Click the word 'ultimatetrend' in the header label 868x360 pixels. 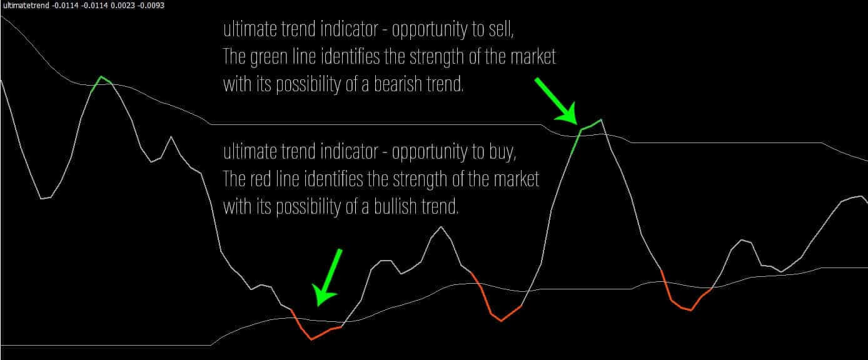[26, 6]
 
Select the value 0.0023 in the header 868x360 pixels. [123, 6]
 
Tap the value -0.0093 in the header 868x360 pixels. [151, 6]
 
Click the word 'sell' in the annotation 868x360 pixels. [501, 29]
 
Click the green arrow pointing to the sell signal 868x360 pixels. [556, 101]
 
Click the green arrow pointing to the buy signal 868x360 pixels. [328, 277]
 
